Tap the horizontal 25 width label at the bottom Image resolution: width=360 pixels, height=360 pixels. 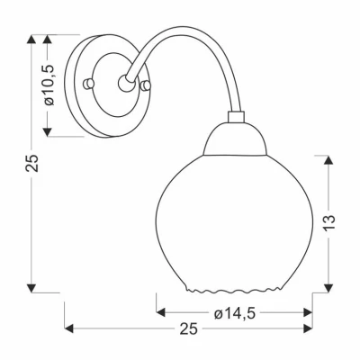187,330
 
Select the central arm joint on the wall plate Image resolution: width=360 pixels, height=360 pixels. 122,84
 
